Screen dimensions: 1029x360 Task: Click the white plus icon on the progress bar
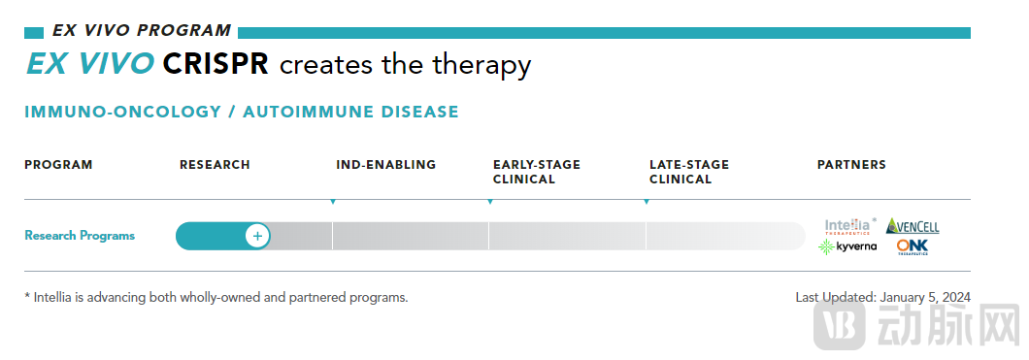point(258,236)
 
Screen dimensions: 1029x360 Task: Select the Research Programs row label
point(80,236)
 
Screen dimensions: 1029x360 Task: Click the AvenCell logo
point(913,225)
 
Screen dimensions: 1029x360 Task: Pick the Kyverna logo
point(847,247)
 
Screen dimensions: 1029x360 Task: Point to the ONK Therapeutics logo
point(913,247)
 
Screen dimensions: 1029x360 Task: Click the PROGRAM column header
point(58,165)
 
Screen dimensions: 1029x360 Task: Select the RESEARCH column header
point(215,165)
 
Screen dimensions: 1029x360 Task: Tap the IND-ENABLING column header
point(386,165)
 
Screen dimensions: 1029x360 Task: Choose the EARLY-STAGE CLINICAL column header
point(537,172)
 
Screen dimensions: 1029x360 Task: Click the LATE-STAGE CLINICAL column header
point(689,172)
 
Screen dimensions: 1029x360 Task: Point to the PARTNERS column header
point(851,165)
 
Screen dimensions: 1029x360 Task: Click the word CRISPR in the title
point(216,64)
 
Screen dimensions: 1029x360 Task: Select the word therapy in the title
point(481,66)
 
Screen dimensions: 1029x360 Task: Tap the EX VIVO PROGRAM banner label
point(141,31)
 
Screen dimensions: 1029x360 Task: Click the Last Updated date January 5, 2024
point(925,297)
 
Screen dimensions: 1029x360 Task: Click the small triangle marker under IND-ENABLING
point(333,201)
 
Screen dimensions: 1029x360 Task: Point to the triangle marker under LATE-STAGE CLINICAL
point(647,201)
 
